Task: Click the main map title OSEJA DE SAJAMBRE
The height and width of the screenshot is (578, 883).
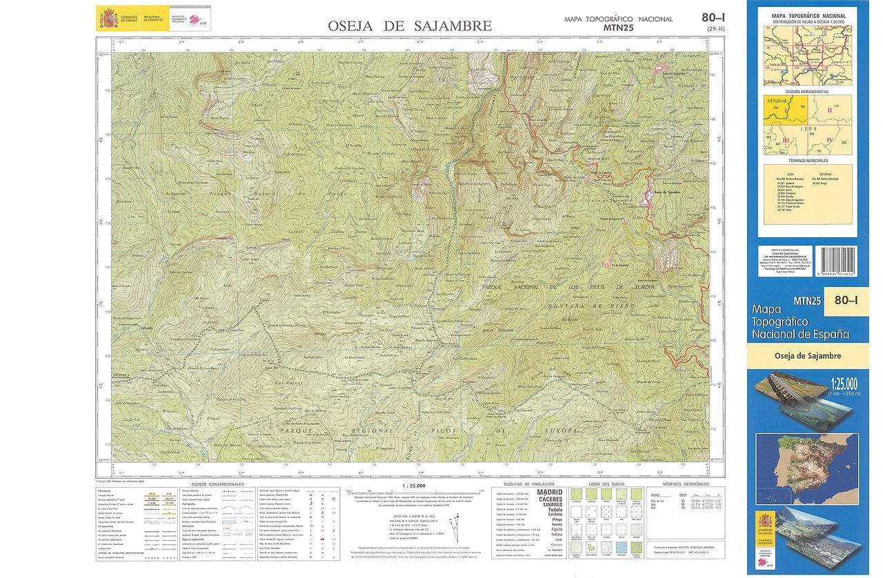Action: click(x=410, y=26)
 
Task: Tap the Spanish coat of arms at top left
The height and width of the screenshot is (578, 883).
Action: click(x=109, y=16)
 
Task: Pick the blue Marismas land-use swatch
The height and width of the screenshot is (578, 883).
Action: click(x=622, y=545)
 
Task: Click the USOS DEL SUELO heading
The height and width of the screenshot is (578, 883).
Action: click(x=606, y=484)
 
